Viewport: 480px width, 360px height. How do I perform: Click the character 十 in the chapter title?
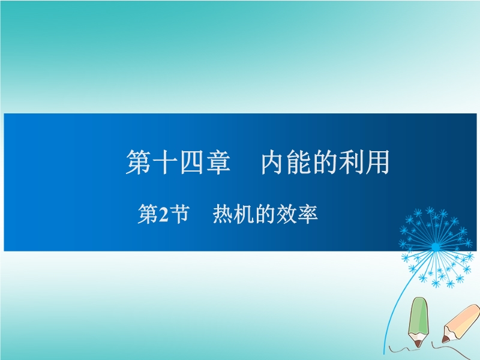pyautogui.click(x=165, y=162)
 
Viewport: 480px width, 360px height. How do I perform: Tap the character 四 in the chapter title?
pyautogui.click(x=191, y=162)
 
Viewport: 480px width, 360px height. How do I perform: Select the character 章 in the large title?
pyautogui.click(x=218, y=162)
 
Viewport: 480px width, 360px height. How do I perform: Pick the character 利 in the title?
pyautogui.click(x=351, y=162)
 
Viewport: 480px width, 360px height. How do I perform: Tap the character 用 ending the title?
pyautogui.click(x=377, y=162)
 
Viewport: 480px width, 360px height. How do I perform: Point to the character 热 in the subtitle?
pyautogui.click(x=223, y=214)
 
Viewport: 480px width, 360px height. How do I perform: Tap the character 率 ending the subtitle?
pyautogui.click(x=308, y=214)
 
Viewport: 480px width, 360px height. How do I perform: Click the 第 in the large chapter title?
pyautogui.click(x=139, y=162)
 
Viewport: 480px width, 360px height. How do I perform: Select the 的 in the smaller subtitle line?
pyautogui.click(x=265, y=214)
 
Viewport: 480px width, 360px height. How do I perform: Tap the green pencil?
pyautogui.click(x=418, y=322)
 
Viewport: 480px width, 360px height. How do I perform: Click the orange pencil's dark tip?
pyautogui.click(x=445, y=340)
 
